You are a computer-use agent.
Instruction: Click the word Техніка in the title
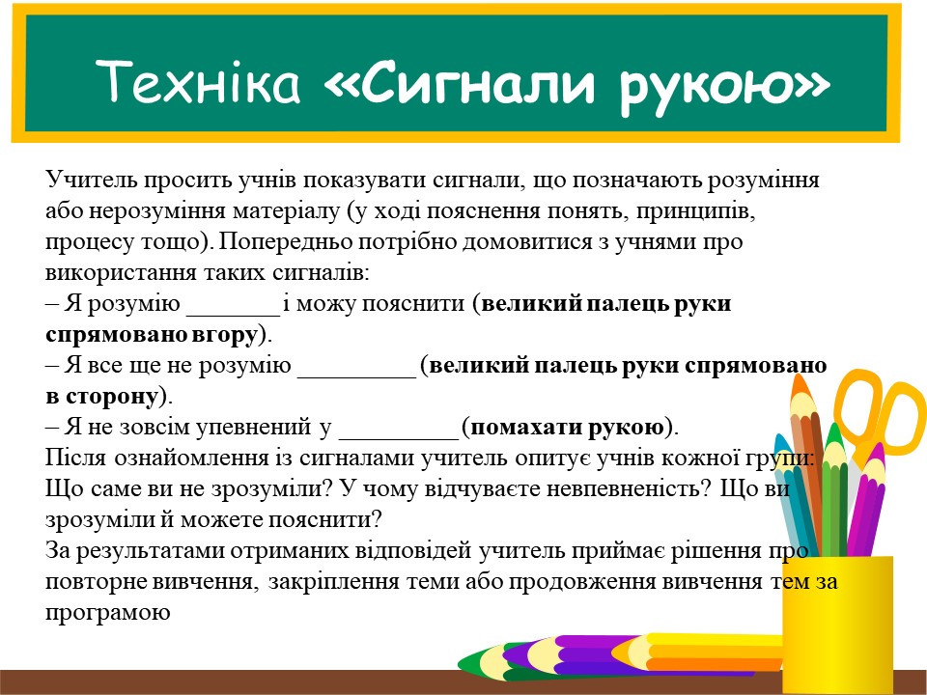[x=198, y=80]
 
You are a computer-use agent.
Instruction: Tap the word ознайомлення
[x=190, y=457]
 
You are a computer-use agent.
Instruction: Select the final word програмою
[x=107, y=612]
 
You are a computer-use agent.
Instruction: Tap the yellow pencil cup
[x=838, y=625]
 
